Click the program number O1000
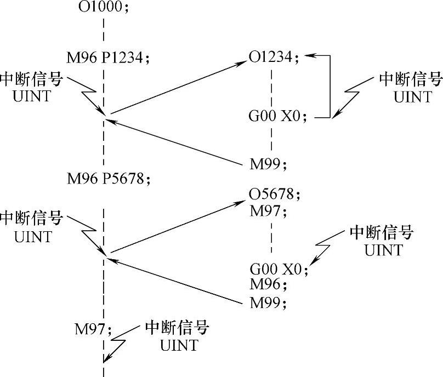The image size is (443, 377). [103, 8]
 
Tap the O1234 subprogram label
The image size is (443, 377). [274, 57]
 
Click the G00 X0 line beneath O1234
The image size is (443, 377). [280, 117]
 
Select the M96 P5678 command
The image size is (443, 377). [108, 178]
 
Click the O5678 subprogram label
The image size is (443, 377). [274, 194]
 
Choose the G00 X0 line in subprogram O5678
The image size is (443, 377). [280, 270]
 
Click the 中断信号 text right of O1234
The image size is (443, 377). [411, 81]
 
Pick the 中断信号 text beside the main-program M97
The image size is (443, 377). [177, 329]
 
